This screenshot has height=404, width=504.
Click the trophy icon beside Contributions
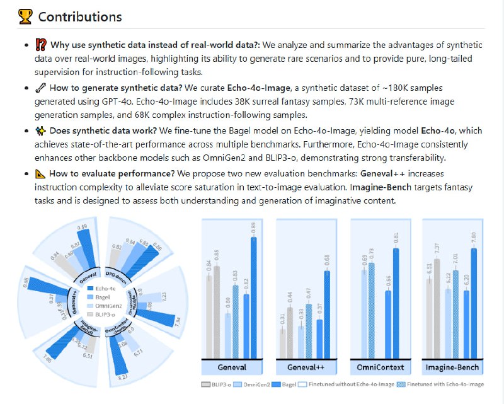[x=25, y=16]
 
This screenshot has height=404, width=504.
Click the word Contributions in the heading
[x=80, y=16]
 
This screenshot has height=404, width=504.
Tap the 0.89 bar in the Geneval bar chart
[x=254, y=296]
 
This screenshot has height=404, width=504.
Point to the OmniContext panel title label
[x=381, y=367]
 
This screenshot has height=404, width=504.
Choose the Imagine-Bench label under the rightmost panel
[x=452, y=367]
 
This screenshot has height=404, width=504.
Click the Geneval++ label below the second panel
[x=306, y=367]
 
